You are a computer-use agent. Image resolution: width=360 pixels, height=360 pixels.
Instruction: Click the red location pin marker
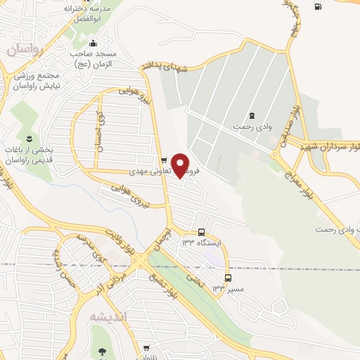181,165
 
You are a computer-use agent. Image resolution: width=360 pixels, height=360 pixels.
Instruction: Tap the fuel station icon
318,7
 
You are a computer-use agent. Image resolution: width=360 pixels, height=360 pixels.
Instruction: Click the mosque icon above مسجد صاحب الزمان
93,45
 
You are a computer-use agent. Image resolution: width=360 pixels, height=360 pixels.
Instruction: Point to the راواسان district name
25,50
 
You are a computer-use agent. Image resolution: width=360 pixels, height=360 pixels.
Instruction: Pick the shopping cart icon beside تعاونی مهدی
163,160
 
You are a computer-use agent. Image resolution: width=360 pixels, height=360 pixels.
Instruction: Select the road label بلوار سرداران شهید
330,147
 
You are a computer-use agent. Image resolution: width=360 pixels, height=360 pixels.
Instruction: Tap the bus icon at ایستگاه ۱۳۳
202,232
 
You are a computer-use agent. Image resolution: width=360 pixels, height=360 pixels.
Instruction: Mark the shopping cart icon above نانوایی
146,348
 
